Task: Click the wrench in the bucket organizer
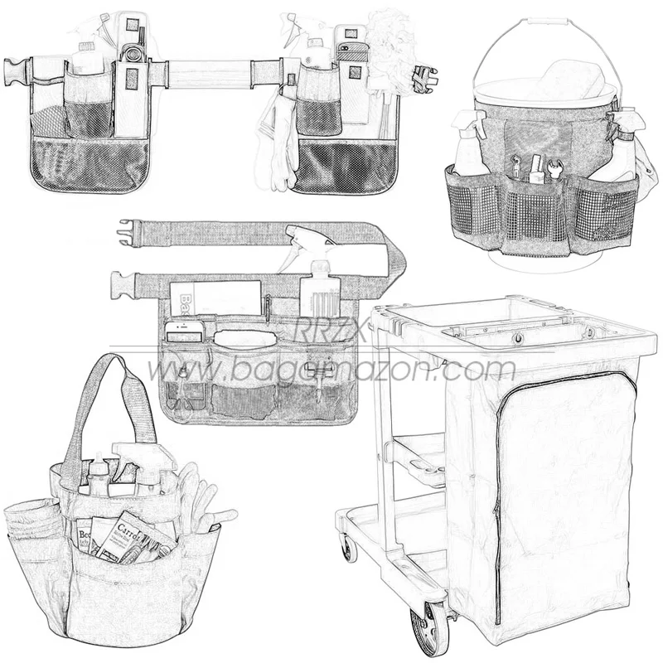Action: coord(554,170)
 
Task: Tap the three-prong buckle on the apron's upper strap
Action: coord(130,231)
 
